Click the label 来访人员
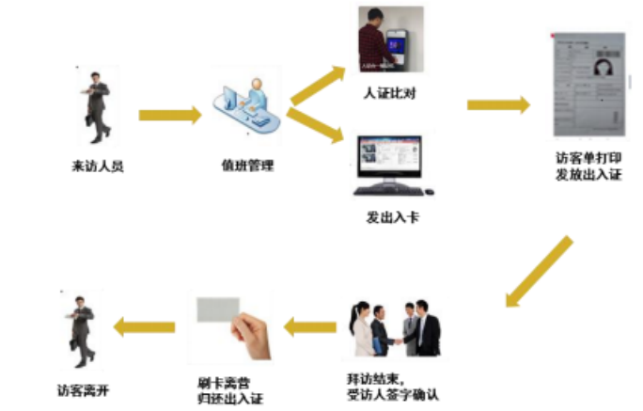tap(98, 166)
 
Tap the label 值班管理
tap(248, 166)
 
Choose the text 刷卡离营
tap(224, 383)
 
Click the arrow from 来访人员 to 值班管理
tap(170, 116)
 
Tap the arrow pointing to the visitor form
tap(498, 104)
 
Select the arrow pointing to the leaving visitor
tap(144, 326)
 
